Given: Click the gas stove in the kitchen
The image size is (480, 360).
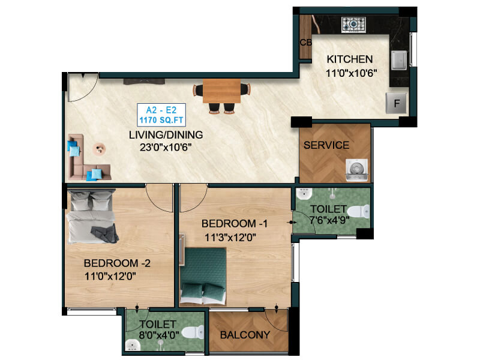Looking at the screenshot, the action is (353, 24).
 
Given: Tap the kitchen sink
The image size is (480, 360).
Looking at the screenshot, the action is (399, 60).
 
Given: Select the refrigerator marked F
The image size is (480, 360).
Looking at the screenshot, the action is (397, 103).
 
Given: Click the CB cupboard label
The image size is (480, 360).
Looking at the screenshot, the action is (306, 42).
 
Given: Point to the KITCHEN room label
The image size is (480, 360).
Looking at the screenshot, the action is (350, 59).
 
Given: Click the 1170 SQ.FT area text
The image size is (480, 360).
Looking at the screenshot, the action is (161, 120).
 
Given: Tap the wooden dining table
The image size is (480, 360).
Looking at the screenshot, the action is (221, 91).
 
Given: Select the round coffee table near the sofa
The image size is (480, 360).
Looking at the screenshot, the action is (99, 149).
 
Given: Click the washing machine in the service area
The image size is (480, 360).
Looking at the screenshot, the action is (356, 170).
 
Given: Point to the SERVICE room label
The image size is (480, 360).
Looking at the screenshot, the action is (326, 145).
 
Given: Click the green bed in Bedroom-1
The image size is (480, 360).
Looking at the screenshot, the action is (203, 277).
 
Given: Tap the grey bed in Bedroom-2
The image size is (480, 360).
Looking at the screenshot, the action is (92, 216).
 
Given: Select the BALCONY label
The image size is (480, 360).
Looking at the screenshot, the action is (245, 335).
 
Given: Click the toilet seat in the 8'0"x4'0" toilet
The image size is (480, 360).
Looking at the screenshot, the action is (193, 332).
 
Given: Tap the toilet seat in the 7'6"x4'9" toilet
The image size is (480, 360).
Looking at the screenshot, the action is (358, 212).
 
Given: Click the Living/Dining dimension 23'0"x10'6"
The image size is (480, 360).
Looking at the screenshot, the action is (166, 148).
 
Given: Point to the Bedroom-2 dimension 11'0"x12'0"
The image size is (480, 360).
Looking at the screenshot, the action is (110, 276).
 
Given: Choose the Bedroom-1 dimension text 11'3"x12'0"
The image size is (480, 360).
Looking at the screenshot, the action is (230, 237).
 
